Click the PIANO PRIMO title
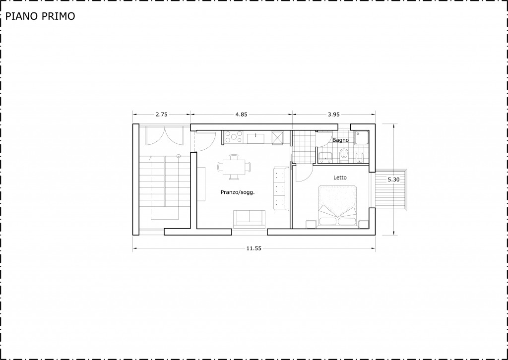[x=40, y=16]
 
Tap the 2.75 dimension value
[x=161, y=114]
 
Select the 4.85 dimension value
[x=242, y=114]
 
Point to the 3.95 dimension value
[x=334, y=114]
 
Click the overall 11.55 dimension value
[x=254, y=248]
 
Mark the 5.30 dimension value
[x=393, y=180]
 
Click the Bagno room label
[x=340, y=140]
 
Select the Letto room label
[x=340, y=178]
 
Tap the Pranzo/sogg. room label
[x=238, y=192]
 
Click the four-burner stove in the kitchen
[x=234, y=137]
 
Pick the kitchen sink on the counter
[x=255, y=138]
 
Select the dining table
[x=234, y=167]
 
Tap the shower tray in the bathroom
[x=362, y=138]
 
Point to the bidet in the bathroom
[x=360, y=158]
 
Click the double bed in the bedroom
[x=337, y=206]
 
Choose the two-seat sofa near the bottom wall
[x=249, y=219]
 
